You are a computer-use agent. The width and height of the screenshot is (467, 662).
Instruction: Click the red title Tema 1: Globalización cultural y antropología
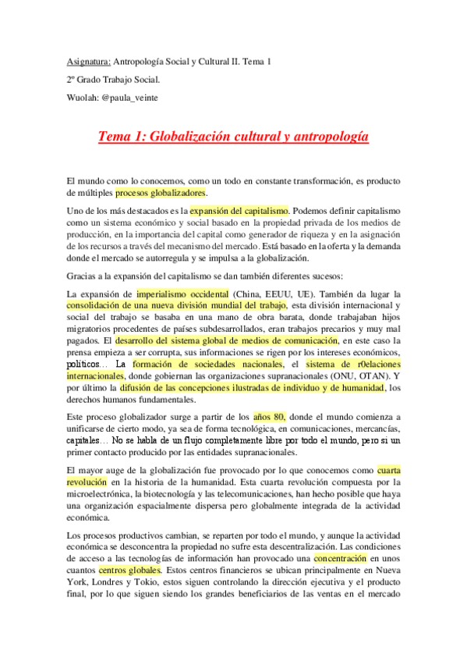pyautogui.click(x=233, y=137)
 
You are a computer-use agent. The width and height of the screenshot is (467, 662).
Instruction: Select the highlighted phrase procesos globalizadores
pyautogui.click(x=161, y=192)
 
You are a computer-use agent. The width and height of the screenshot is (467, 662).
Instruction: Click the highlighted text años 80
pyautogui.click(x=292, y=417)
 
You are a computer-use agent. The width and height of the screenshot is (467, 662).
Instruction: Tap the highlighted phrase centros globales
pyautogui.click(x=129, y=569)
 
